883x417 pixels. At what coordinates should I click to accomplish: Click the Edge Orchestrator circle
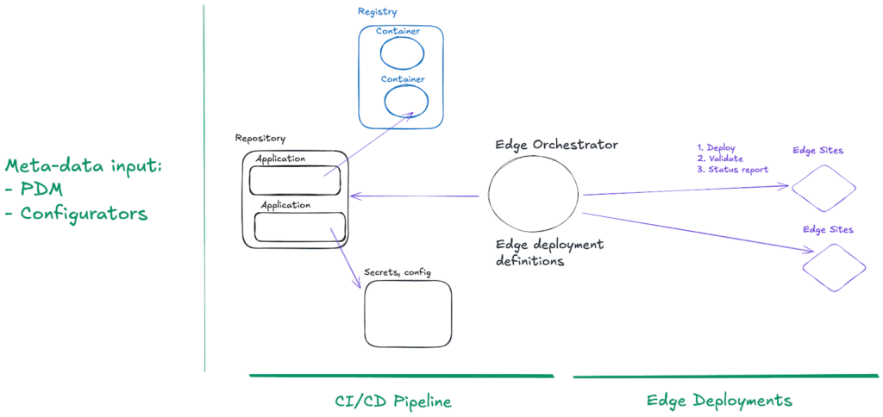click(535, 196)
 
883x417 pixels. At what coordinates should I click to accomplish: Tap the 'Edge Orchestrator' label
click(556, 143)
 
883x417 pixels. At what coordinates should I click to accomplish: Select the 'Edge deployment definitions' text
click(549, 252)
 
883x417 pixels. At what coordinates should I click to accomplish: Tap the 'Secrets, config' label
click(398, 272)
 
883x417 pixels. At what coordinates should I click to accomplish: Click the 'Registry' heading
click(377, 11)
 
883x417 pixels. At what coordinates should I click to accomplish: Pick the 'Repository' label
click(260, 138)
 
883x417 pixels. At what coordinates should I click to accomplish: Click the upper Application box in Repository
click(294, 180)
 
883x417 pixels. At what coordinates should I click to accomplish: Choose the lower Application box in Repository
click(300, 227)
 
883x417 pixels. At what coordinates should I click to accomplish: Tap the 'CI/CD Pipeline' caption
click(392, 401)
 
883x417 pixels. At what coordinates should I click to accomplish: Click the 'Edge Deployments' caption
click(719, 401)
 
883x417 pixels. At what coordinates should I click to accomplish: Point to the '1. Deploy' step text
click(716, 147)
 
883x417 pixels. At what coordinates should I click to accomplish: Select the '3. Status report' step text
click(732, 169)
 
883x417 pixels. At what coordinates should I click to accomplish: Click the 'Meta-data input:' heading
click(83, 165)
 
